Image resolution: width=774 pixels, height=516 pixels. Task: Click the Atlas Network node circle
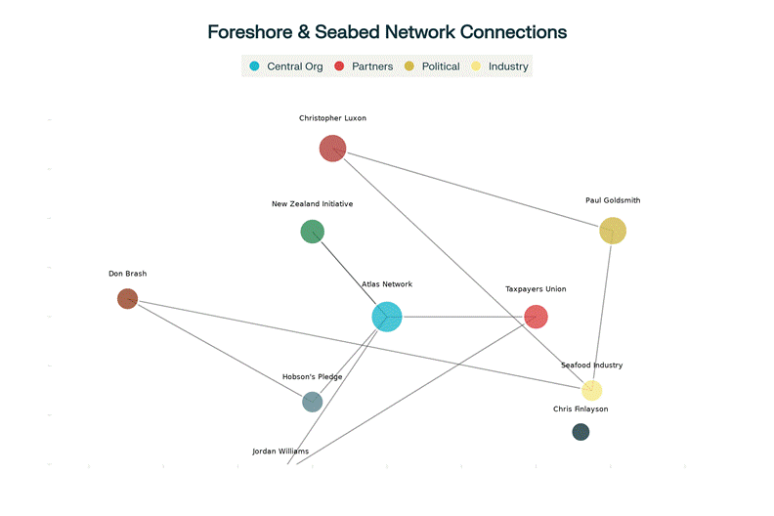387,317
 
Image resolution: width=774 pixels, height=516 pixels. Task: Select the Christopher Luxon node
332,149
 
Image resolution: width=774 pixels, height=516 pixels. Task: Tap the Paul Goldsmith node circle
612,231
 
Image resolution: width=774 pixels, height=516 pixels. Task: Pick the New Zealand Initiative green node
312,232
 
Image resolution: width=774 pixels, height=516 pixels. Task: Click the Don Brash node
127,298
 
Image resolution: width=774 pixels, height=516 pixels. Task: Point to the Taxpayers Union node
536,317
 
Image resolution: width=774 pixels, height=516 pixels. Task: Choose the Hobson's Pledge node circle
312,402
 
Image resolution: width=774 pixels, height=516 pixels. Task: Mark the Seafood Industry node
591,390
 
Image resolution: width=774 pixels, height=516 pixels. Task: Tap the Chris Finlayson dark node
580,431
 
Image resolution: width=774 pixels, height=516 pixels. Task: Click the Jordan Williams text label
280,451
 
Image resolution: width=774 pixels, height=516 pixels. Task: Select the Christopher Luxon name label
332,118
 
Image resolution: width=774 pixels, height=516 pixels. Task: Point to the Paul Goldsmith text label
613,200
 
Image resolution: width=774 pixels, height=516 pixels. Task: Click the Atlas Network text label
387,284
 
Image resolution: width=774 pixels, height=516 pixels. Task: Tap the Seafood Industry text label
591,365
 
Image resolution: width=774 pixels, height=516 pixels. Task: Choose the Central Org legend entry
286,66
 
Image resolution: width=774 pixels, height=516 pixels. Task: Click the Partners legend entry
364,66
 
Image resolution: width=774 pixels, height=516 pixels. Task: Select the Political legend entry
432,66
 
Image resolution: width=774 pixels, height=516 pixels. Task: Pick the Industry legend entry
500,66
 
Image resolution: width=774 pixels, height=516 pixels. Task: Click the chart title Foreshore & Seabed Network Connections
387,31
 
